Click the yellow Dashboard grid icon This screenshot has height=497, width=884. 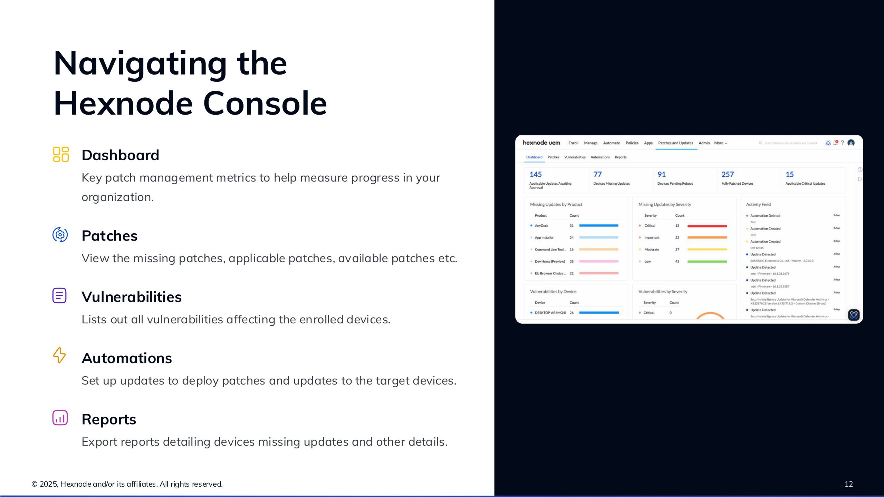coord(61,154)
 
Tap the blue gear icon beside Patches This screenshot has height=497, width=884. coord(60,235)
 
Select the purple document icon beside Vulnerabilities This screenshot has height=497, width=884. coord(59,295)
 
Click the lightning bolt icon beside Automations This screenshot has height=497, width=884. coord(59,355)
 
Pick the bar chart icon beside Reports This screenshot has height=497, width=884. coord(60,418)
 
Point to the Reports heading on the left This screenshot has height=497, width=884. coord(109,419)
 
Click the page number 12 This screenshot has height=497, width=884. coord(848,484)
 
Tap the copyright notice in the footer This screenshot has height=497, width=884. coord(127,484)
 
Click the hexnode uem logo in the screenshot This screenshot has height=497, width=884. coord(541,143)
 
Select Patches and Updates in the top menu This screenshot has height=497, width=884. coord(675,143)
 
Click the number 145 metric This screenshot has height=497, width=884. coord(536,175)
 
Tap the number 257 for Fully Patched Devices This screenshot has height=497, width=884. coord(728,175)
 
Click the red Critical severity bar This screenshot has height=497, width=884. coord(707,226)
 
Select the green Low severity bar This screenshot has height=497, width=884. coord(707,262)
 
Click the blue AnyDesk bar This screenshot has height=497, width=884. coord(598,226)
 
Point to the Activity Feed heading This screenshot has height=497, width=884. coord(758,204)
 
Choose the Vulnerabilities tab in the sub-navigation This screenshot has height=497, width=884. coord(575,157)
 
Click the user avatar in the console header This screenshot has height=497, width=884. coord(851,143)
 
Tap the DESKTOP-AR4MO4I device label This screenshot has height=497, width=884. coord(550,313)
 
